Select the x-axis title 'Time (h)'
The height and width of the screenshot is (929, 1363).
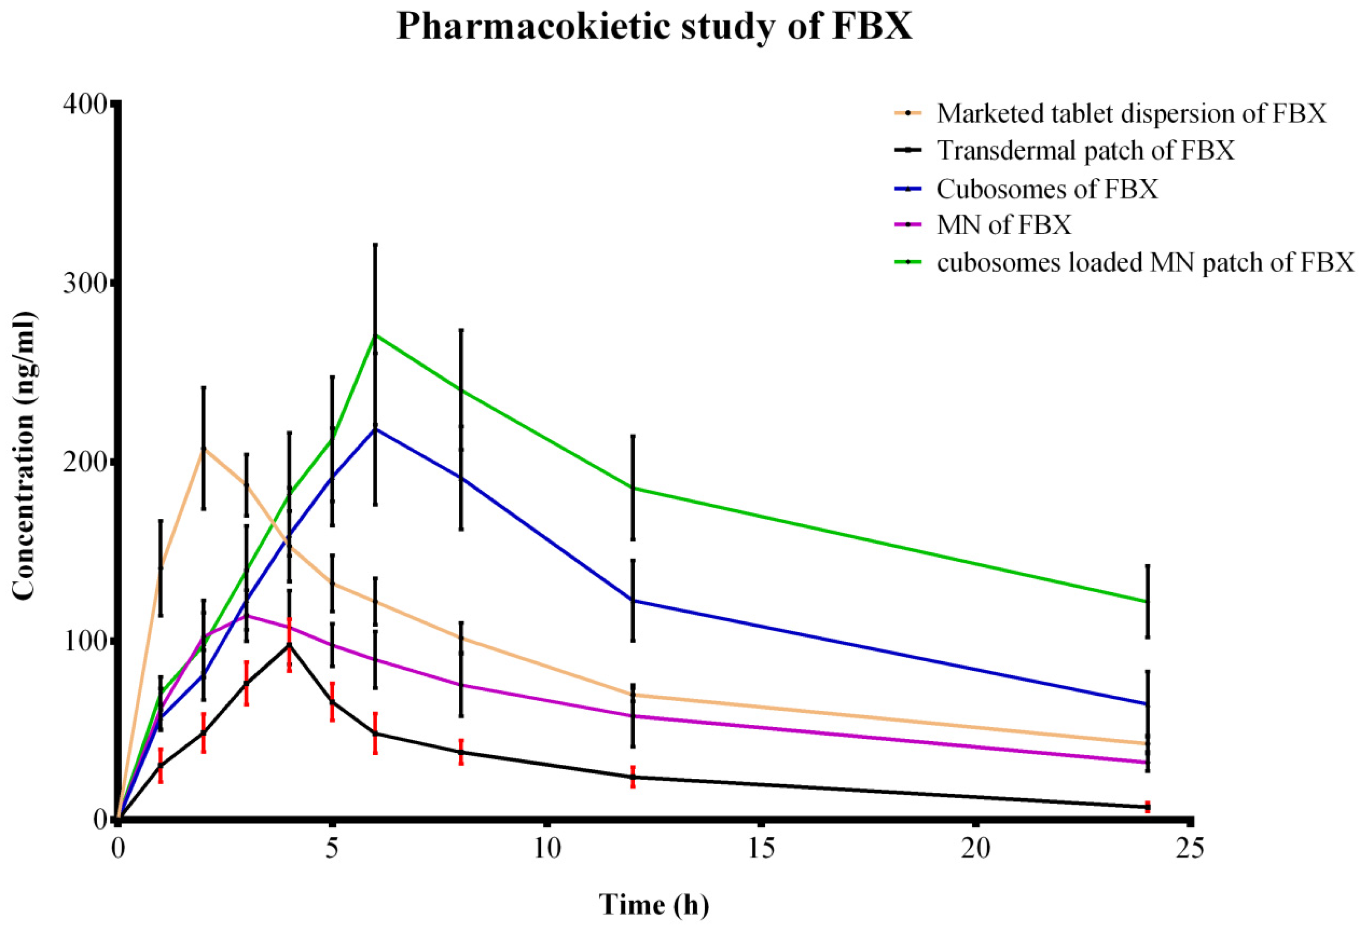tap(654, 904)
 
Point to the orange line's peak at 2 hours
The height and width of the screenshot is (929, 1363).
tap(203, 448)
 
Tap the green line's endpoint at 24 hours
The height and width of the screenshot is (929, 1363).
tap(1147, 601)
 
